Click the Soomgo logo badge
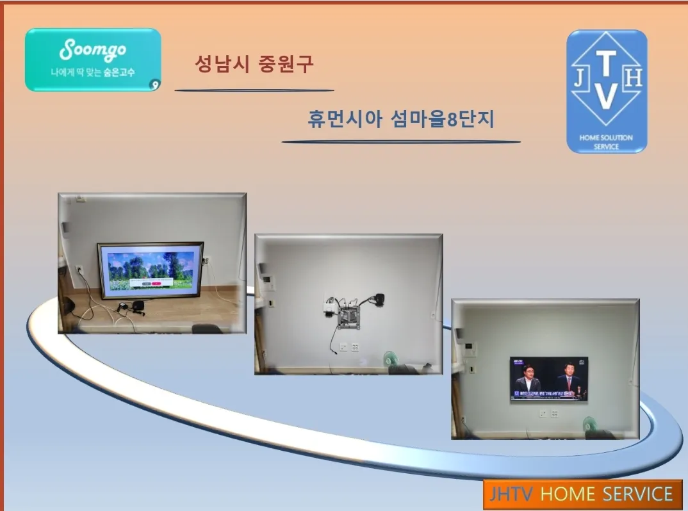[x=93, y=59]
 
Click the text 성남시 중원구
[x=254, y=64]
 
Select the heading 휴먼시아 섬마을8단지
[x=401, y=119]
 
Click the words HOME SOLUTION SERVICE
[x=606, y=142]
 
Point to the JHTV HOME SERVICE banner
[x=582, y=494]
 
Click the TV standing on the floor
[x=151, y=270]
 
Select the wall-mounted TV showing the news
[x=549, y=378]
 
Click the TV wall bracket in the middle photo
[x=349, y=316]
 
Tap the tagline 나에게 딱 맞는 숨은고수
[x=93, y=73]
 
